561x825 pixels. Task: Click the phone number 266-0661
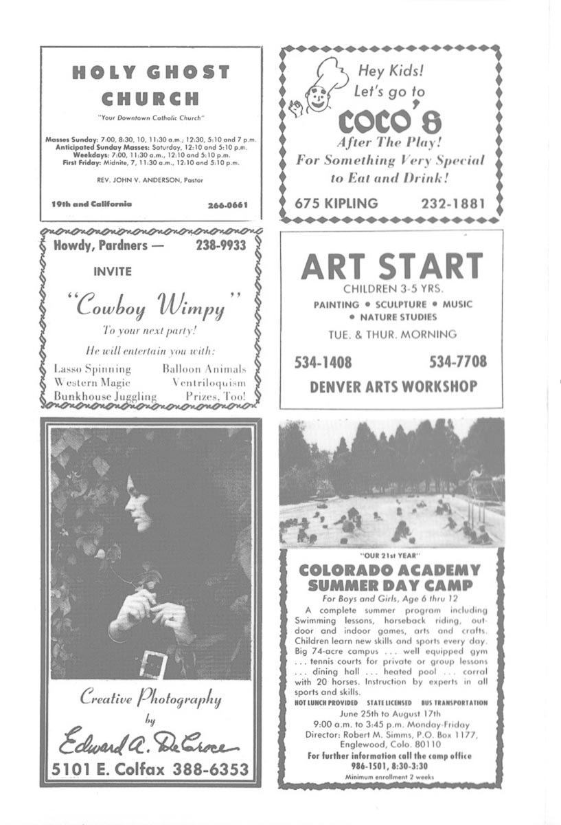point(227,205)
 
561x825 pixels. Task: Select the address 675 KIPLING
point(336,203)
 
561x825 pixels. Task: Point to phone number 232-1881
point(453,203)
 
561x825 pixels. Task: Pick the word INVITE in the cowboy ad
point(113,272)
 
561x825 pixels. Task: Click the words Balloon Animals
point(204,368)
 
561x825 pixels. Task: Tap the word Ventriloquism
point(209,382)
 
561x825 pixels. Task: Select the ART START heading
point(391,266)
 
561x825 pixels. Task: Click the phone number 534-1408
point(323,362)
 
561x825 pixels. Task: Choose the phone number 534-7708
point(458,362)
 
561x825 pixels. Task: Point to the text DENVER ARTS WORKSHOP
point(393,386)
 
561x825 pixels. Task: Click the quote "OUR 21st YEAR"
point(389,555)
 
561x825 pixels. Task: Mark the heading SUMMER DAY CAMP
point(390,585)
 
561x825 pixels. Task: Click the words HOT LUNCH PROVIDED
point(321,703)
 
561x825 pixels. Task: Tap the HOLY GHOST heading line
point(150,72)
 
